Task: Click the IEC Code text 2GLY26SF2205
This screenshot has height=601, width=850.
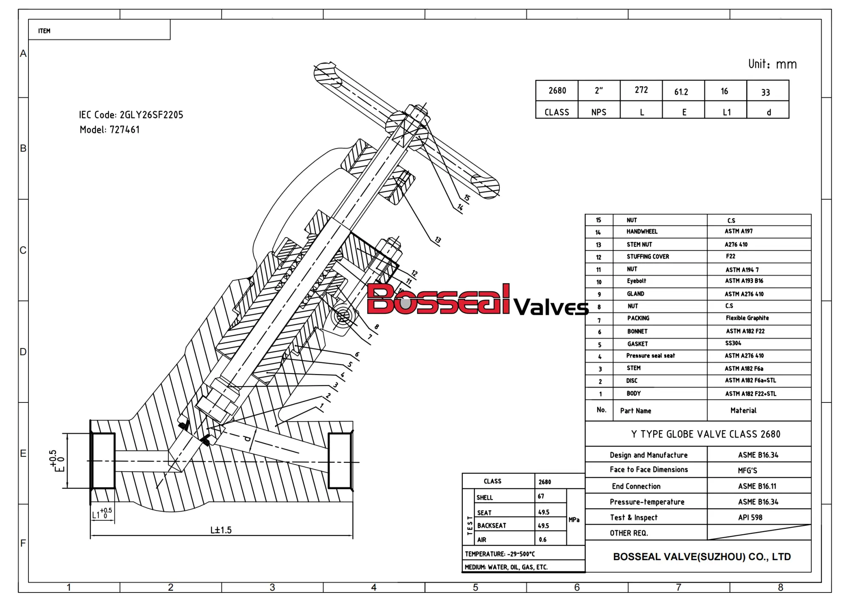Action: [x=151, y=115]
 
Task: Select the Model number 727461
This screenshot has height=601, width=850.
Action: [x=125, y=130]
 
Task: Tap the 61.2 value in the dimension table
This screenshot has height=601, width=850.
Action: [x=681, y=92]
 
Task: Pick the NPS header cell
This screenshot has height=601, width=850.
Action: [x=598, y=112]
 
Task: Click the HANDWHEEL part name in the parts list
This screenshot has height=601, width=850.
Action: [x=642, y=232]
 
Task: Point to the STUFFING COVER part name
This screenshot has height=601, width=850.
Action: [x=648, y=257]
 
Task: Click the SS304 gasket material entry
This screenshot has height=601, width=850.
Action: [x=733, y=343]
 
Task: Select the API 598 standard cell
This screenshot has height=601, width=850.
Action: [x=750, y=517]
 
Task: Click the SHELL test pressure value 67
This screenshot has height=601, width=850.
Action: [x=541, y=496]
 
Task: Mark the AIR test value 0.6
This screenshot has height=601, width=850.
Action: [x=543, y=540]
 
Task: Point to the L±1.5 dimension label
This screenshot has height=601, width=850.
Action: [x=221, y=530]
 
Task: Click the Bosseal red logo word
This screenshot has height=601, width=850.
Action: [x=438, y=300]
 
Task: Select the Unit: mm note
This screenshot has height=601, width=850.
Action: [x=772, y=64]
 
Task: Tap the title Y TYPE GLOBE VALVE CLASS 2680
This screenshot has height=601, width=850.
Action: [x=705, y=434]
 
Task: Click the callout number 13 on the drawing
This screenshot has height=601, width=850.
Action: [x=438, y=240]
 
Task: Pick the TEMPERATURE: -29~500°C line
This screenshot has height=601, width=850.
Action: [x=500, y=554]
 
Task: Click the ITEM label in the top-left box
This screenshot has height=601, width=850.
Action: [x=44, y=31]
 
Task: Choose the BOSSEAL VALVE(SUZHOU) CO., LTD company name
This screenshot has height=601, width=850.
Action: [x=702, y=557]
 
